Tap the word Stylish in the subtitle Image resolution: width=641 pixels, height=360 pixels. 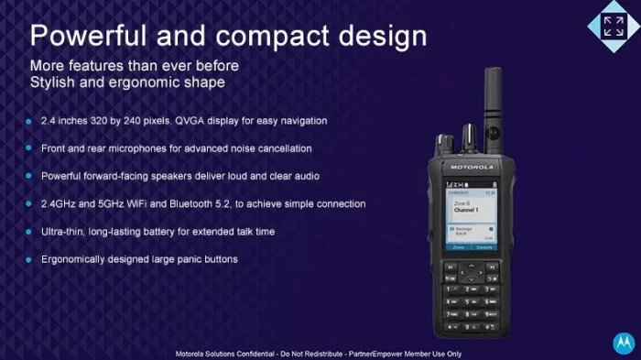[x=58, y=83]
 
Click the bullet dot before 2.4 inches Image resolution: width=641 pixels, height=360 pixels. [x=30, y=120]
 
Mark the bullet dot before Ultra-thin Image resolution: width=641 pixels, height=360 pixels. [x=30, y=232]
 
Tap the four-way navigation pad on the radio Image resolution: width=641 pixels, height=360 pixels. [x=472, y=272]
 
